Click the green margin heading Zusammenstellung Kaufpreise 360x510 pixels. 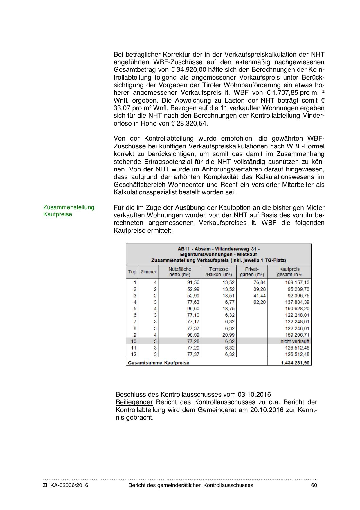[69, 211]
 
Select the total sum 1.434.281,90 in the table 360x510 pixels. [295, 363]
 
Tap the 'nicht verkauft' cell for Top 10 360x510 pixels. [295, 341]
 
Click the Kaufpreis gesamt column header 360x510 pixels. [289, 272]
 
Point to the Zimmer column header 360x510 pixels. [148, 272]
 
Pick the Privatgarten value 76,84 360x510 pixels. [260, 282]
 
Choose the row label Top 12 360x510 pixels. [134, 354]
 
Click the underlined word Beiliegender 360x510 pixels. [134, 402]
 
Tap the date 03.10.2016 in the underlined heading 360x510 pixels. [254, 395]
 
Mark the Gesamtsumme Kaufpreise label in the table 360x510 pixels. [158, 363]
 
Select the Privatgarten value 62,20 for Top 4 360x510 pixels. [260, 302]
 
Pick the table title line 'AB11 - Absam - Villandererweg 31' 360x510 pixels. [219, 249]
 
